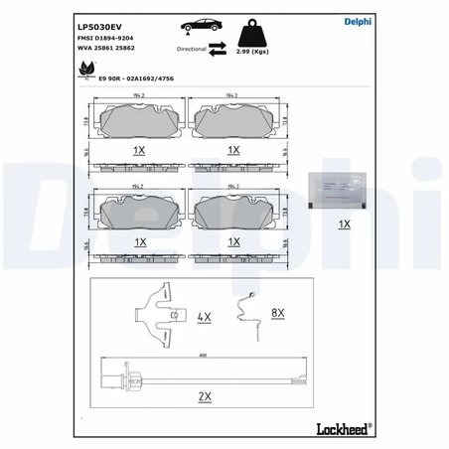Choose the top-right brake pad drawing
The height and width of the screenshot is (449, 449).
coord(233,121)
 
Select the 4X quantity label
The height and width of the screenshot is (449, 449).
coord(206,317)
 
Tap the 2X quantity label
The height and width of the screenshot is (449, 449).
coord(206,394)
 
